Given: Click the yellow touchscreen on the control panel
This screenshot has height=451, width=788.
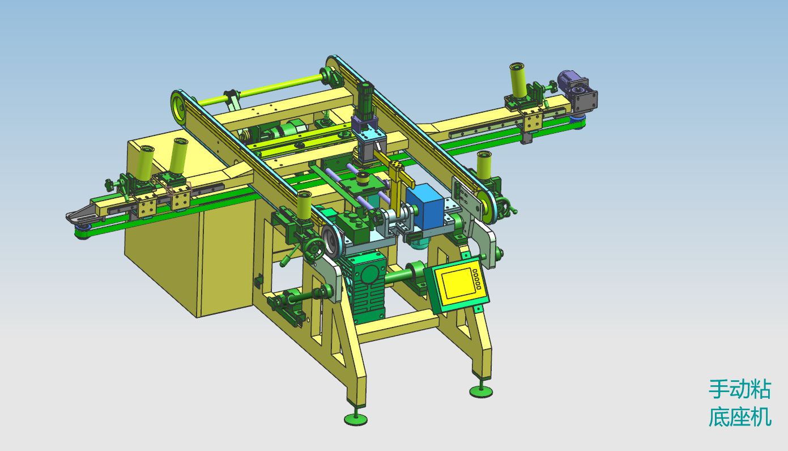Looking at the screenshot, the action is click(x=457, y=283).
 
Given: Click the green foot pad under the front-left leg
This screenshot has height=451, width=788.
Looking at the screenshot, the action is click(x=356, y=419).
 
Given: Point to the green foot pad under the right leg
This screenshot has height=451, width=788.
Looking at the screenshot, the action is click(x=481, y=391).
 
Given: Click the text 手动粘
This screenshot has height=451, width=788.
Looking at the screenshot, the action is click(x=739, y=389).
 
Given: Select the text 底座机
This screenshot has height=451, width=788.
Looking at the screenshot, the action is click(x=739, y=417).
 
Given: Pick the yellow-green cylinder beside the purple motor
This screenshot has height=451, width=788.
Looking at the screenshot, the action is click(x=518, y=80).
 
